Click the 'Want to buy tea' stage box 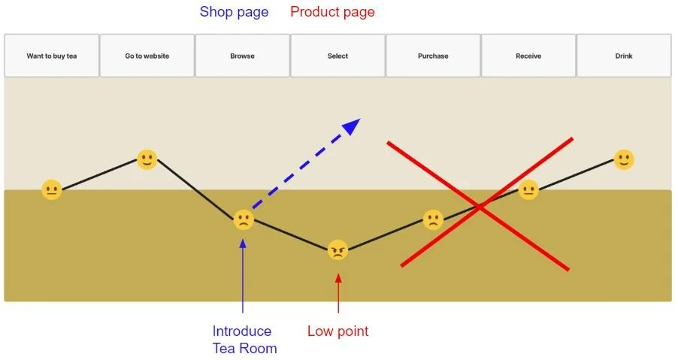[x=52, y=56]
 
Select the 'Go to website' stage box [x=147, y=56]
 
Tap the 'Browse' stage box [x=242, y=56]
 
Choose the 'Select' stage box [x=337, y=56]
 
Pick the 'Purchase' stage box [x=433, y=56]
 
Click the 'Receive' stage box [x=528, y=56]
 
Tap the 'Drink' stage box [x=623, y=56]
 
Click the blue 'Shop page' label [x=234, y=12]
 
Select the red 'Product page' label [x=332, y=12]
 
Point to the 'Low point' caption [x=338, y=331]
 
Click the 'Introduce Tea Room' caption [x=244, y=339]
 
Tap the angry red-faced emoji [x=338, y=250]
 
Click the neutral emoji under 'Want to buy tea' [x=52, y=189]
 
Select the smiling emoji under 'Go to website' [x=147, y=159]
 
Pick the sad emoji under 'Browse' [x=243, y=219]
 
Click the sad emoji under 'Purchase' [x=433, y=219]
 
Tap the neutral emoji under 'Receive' [x=528, y=189]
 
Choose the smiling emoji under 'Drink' [x=624, y=159]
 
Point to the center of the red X [x=481, y=204]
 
